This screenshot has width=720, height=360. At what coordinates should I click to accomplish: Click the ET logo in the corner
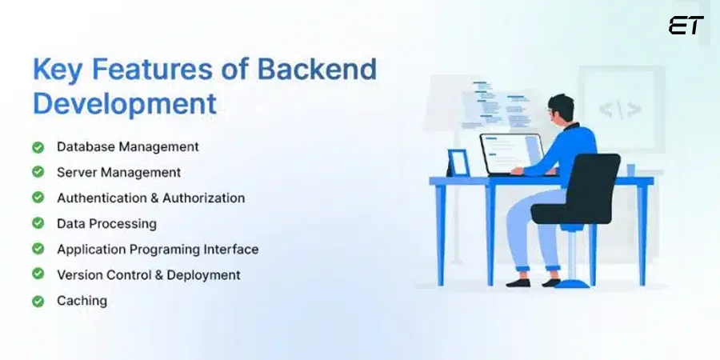[686, 26]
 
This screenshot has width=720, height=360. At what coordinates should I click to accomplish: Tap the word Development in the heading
[124, 104]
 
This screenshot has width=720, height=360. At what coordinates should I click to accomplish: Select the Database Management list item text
[127, 147]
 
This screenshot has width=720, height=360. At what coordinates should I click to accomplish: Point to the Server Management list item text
[118, 172]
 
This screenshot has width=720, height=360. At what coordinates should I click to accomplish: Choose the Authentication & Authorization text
[150, 198]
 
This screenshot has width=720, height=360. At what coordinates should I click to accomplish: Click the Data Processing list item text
[106, 224]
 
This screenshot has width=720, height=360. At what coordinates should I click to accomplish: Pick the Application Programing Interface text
[158, 250]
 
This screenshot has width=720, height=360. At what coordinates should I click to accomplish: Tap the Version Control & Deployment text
[148, 274]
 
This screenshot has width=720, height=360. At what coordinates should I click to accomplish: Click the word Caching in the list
[82, 301]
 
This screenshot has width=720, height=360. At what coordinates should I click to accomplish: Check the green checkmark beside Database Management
[38, 147]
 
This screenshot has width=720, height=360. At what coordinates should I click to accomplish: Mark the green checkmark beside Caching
[38, 301]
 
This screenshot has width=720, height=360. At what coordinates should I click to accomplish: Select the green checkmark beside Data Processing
[38, 223]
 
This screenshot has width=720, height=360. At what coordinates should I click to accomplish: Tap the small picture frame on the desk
[458, 162]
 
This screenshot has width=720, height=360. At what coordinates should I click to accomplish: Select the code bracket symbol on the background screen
[620, 109]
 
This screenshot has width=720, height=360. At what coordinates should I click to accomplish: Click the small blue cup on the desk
[630, 170]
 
